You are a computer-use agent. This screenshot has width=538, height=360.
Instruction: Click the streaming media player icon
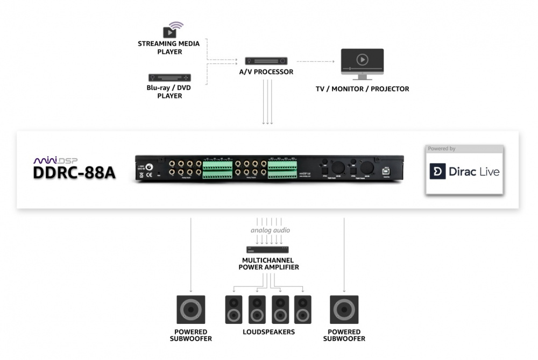[171, 31]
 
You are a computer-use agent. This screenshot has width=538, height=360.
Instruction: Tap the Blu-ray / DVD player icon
[169, 77]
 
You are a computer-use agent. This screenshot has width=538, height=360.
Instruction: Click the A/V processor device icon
[266, 61]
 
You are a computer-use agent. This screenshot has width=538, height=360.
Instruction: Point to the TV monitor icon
[362, 61]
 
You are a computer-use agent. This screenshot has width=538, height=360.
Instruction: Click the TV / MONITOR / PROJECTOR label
[362, 89]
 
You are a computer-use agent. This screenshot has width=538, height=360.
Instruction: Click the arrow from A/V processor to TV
[315, 61]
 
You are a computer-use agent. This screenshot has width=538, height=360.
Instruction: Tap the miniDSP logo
[56, 160]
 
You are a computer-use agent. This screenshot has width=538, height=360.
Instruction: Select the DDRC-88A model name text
[74, 173]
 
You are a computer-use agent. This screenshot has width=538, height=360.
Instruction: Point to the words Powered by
[442, 149]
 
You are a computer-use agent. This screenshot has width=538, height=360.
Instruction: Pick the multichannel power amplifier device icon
[267, 250]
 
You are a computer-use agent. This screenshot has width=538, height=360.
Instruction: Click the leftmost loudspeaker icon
[233, 309]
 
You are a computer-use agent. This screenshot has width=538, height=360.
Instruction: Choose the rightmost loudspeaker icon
[303, 309]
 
